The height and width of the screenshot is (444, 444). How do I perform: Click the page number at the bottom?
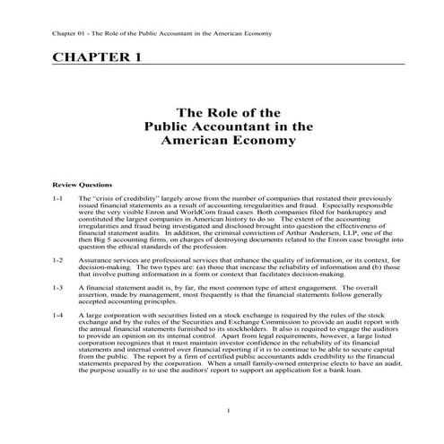[230, 411]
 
